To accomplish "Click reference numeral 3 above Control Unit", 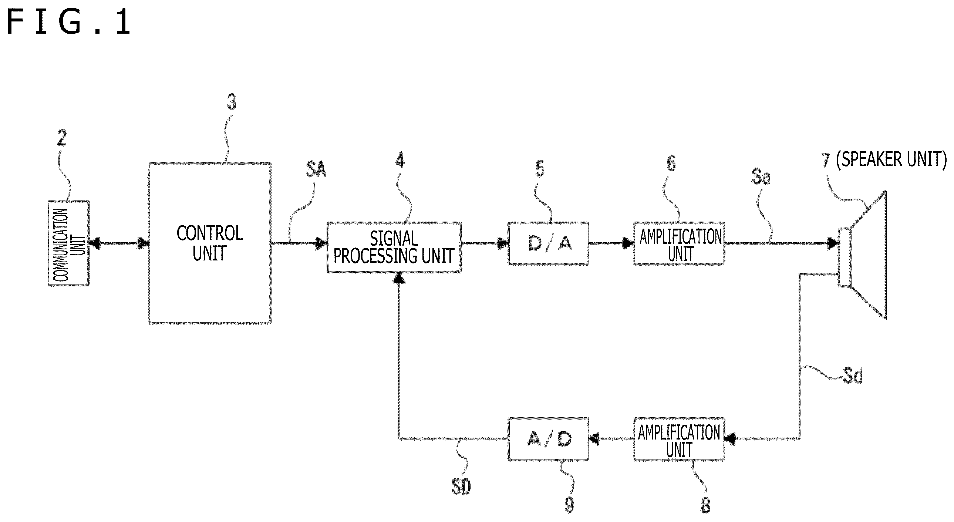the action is pos(232,102).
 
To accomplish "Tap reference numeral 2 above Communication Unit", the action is pos(62,138).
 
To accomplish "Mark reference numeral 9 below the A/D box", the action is pos(569,504).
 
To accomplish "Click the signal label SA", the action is pos(316,169).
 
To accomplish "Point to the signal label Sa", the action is pos(761,176).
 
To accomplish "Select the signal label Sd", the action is pos(853,375).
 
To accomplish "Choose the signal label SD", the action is pos(461,486).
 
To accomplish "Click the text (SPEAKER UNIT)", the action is pos(891,159).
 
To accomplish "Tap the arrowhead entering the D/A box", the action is pos(503,243).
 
